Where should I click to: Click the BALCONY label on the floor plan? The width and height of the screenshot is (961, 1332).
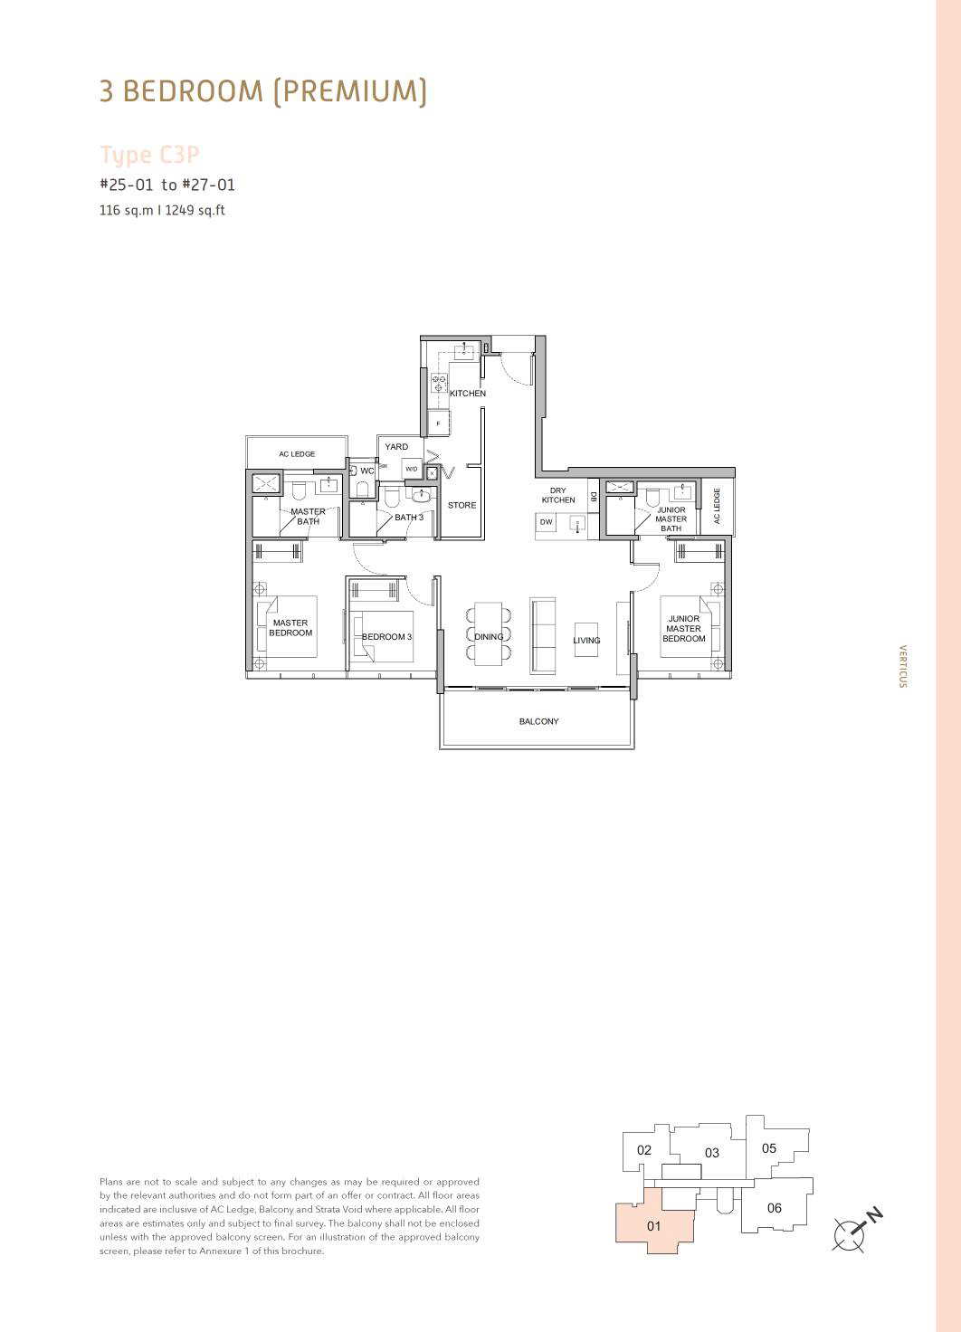(538, 721)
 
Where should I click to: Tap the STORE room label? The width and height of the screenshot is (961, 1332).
(462, 505)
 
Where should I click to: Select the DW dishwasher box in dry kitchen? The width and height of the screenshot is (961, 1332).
(546, 522)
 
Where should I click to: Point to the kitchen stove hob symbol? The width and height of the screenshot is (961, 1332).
(439, 383)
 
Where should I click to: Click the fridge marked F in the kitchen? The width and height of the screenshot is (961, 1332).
(438, 423)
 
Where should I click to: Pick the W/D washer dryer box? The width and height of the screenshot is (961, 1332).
(412, 469)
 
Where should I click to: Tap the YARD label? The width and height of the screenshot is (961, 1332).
(396, 447)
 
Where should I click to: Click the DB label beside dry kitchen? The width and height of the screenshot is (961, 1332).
(593, 495)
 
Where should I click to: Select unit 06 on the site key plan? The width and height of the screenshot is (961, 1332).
(775, 1208)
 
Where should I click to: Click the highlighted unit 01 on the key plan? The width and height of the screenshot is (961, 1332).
(653, 1225)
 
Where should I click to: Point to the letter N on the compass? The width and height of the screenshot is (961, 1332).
(874, 1215)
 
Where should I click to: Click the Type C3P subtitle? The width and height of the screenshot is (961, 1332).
(149, 156)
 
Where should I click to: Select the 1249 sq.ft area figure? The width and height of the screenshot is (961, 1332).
(195, 210)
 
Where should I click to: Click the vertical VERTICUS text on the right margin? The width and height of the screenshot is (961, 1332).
(902, 666)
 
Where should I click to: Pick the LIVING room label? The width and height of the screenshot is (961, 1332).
(586, 641)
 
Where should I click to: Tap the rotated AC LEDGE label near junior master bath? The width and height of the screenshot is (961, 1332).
(717, 506)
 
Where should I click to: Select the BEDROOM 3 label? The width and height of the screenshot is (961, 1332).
(386, 637)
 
